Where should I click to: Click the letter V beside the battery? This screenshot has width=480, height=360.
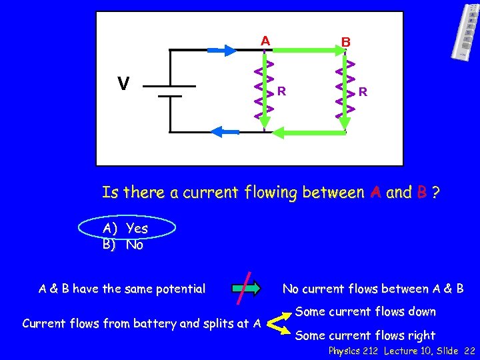tap(123, 84)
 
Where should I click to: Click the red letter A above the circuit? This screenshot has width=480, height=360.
tap(265, 41)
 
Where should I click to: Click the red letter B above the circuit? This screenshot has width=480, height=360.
tap(345, 42)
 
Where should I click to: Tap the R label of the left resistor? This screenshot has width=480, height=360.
tap(282, 91)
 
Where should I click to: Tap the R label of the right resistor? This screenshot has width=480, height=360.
tap(362, 91)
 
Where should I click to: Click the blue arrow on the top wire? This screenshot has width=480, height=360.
tap(222, 49)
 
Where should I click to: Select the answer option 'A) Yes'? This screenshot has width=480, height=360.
tap(125, 228)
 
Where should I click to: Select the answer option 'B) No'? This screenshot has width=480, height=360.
tap(123, 245)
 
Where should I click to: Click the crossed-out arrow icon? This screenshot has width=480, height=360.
tap(248, 289)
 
